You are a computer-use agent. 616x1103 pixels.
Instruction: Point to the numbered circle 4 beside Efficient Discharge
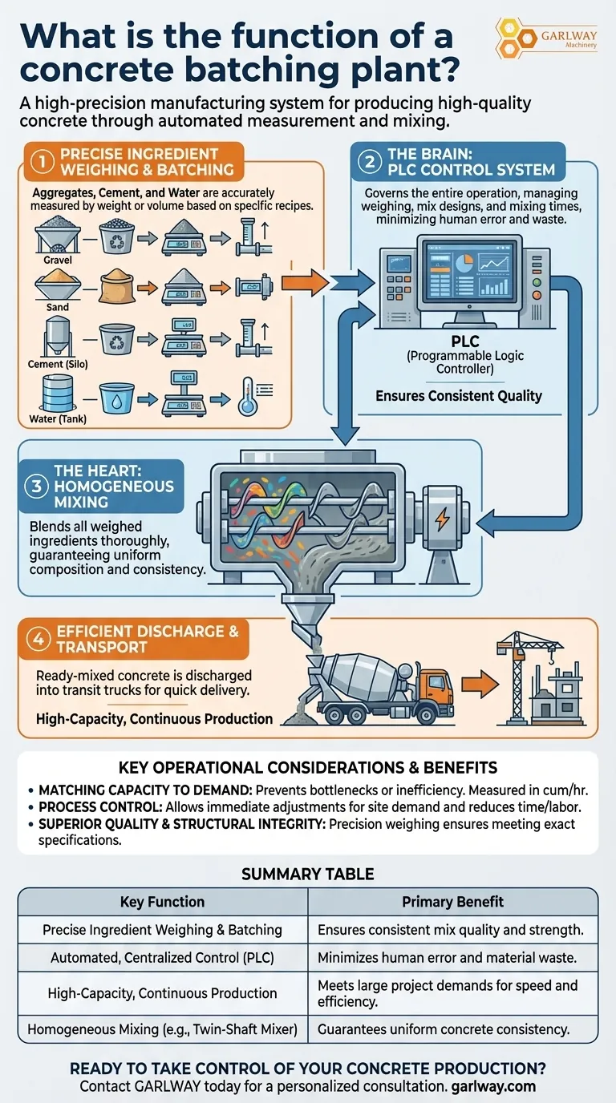38,639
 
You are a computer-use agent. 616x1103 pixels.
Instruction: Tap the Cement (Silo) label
57,364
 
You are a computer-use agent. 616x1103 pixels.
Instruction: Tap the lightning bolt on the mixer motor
442,521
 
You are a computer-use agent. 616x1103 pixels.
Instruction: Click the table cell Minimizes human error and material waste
452,957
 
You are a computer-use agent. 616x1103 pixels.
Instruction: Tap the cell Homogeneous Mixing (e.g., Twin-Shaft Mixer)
162,1028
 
